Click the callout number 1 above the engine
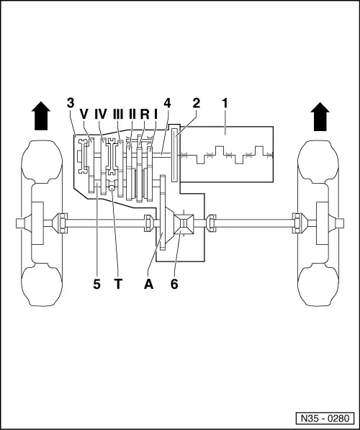pos(225,104)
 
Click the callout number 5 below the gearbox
pos(96,284)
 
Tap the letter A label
pos(149,284)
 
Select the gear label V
pos(84,115)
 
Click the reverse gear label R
pos(144,115)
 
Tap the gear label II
pos(132,115)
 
